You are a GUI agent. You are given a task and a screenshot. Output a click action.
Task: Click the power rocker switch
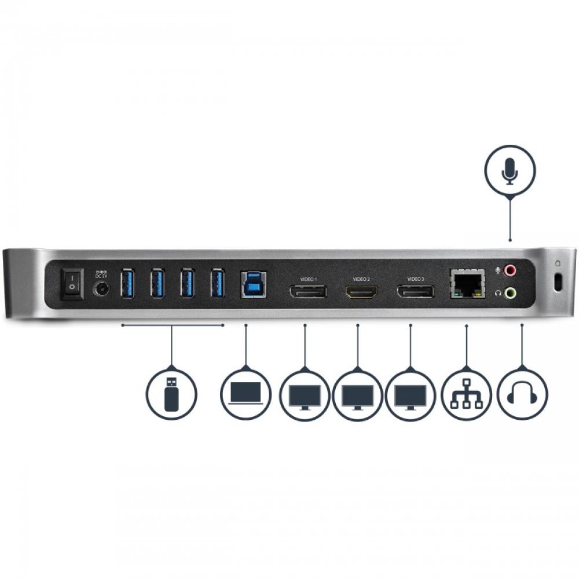click(72, 284)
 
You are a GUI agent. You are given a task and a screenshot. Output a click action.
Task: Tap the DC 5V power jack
click(102, 289)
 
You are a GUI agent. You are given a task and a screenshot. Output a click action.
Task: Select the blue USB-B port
click(253, 284)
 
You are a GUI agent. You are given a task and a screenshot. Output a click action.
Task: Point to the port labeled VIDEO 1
click(307, 291)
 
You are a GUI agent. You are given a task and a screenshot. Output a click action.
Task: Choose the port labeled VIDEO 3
click(415, 291)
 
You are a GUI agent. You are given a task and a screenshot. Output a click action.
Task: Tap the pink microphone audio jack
click(510, 270)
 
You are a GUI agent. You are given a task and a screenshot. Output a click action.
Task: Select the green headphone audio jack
click(510, 293)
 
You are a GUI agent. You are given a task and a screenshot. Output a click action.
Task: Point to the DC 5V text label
click(102, 275)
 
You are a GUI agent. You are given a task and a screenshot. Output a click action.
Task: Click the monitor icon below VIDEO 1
click(305, 395)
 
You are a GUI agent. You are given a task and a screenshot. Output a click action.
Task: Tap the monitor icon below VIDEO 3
click(411, 395)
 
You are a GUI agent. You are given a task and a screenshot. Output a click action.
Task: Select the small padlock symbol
click(558, 262)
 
